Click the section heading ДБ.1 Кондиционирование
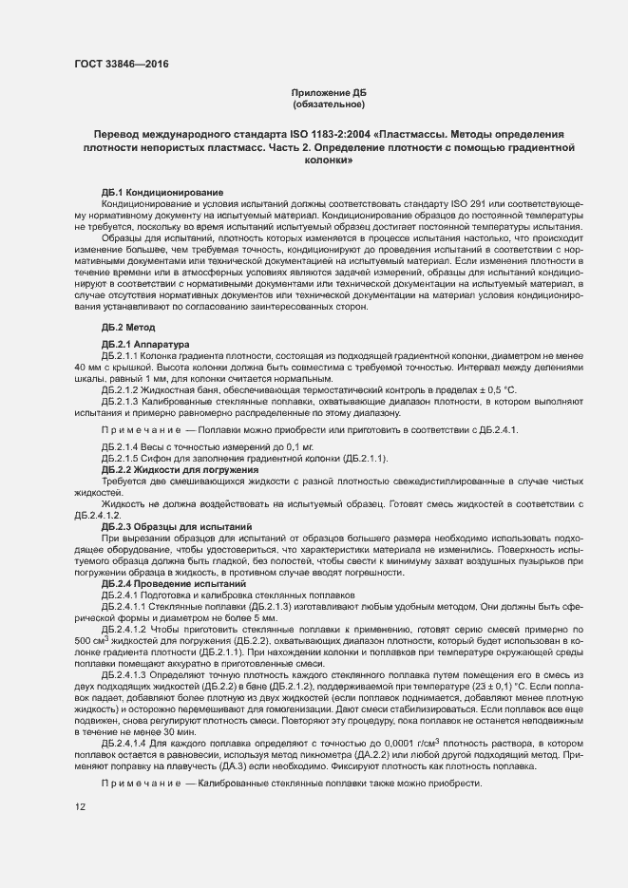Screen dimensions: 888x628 coord(162,193)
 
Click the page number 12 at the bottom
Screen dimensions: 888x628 coord(80,807)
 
